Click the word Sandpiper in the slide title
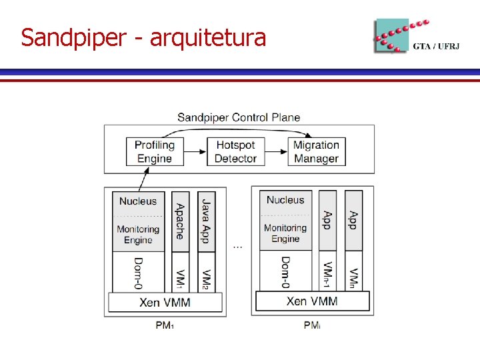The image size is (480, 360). [72, 37]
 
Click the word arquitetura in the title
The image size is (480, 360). [207, 37]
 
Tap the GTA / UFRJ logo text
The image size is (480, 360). [436, 46]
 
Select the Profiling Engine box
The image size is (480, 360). [154, 151]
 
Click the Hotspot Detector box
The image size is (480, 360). [235, 151]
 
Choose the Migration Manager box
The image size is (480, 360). [316, 151]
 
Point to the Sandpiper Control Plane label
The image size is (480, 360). [239, 117]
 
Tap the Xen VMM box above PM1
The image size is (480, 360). [165, 302]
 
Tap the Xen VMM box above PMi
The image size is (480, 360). [312, 301]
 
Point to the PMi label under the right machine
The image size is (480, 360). [311, 325]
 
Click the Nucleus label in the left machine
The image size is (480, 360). [138, 201]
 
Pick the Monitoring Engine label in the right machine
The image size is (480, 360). [285, 233]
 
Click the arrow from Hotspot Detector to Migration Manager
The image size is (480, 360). [275, 151]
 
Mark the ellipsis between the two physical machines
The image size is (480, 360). [238, 247]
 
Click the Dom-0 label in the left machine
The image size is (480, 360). [138, 273]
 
